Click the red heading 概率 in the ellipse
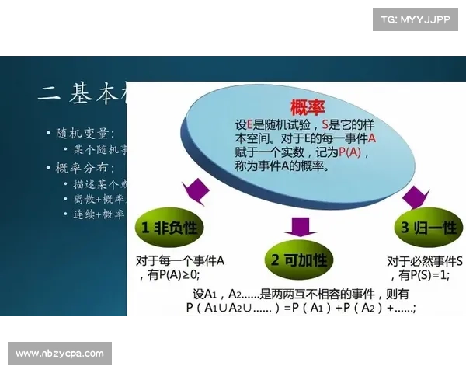click(x=307, y=106)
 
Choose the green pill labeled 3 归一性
click(x=426, y=228)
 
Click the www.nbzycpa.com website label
click(x=59, y=354)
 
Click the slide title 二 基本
click(x=82, y=95)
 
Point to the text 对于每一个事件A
click(x=180, y=260)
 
